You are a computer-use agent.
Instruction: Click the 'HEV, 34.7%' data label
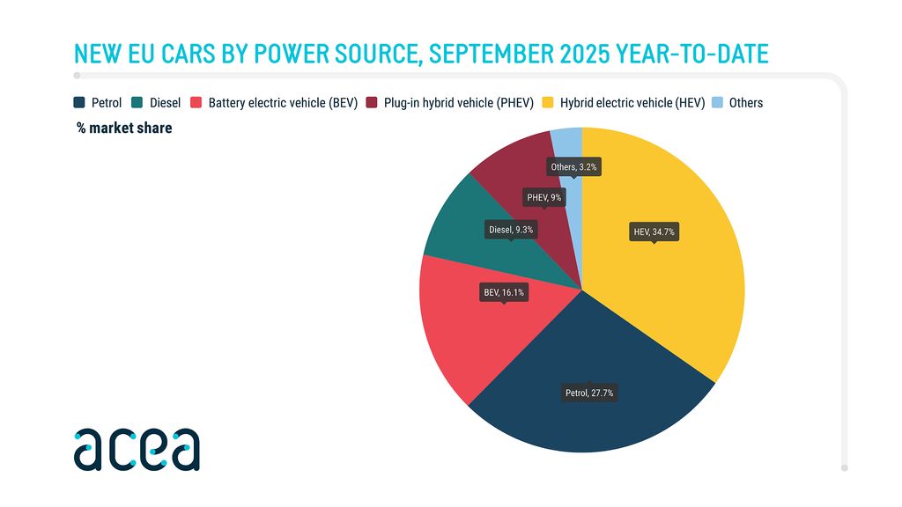tap(654, 232)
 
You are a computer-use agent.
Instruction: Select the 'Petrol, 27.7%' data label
tap(589, 393)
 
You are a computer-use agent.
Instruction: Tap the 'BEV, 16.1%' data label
tap(504, 291)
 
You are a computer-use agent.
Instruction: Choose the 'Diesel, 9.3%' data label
tap(511, 229)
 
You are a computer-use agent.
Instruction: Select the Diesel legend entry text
tap(165, 103)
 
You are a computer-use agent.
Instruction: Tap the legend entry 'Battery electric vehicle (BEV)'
tap(282, 103)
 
